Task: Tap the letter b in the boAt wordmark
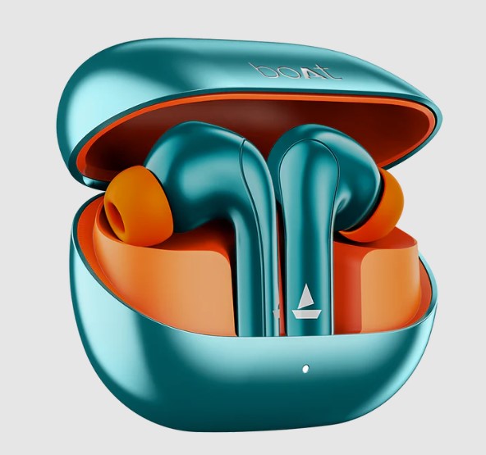[260, 71]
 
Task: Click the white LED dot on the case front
[305, 369]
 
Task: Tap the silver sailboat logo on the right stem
[306, 301]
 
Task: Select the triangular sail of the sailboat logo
[306, 296]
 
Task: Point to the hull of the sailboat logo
[306, 314]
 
